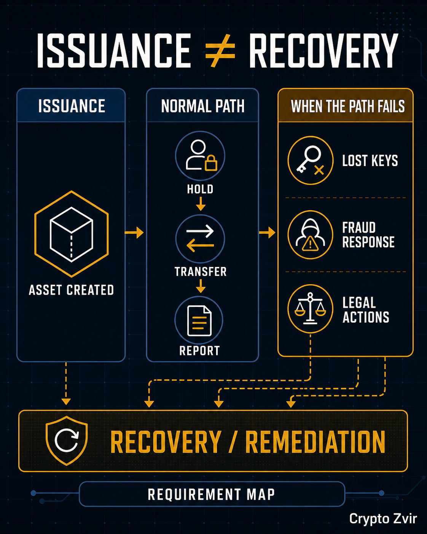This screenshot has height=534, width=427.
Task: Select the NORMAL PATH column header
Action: [202, 106]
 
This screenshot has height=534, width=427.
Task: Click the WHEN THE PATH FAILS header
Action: [347, 106]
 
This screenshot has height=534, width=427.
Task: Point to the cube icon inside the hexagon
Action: [72, 234]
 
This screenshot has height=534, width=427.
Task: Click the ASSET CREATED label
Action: [71, 289]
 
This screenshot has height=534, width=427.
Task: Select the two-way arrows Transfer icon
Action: [200, 238]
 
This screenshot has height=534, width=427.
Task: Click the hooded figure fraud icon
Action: [311, 235]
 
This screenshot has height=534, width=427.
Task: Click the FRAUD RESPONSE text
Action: [368, 235]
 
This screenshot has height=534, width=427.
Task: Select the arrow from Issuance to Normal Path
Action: [134, 232]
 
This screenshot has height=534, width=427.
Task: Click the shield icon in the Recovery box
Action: [67, 441]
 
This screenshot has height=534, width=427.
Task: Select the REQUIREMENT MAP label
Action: [211, 494]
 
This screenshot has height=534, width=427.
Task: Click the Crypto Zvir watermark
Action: [383, 519]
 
